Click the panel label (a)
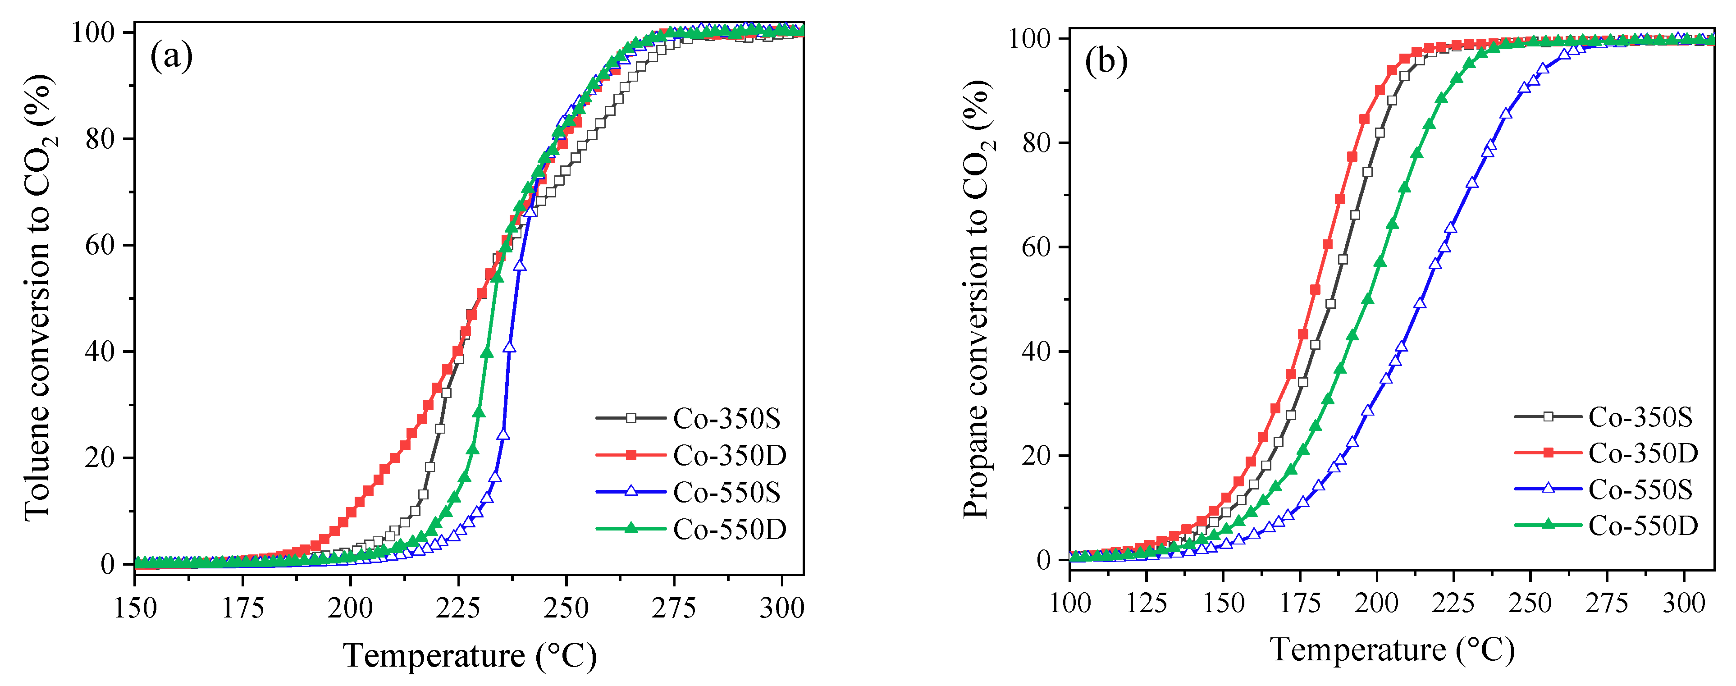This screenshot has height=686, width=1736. click(171, 56)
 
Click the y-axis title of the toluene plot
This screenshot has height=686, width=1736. click(39, 297)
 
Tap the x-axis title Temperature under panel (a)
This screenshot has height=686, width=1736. click(470, 656)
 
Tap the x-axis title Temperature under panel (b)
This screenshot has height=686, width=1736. click(1392, 649)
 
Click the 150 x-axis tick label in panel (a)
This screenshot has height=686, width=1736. click(136, 608)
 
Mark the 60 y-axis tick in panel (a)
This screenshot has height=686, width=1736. click(100, 245)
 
